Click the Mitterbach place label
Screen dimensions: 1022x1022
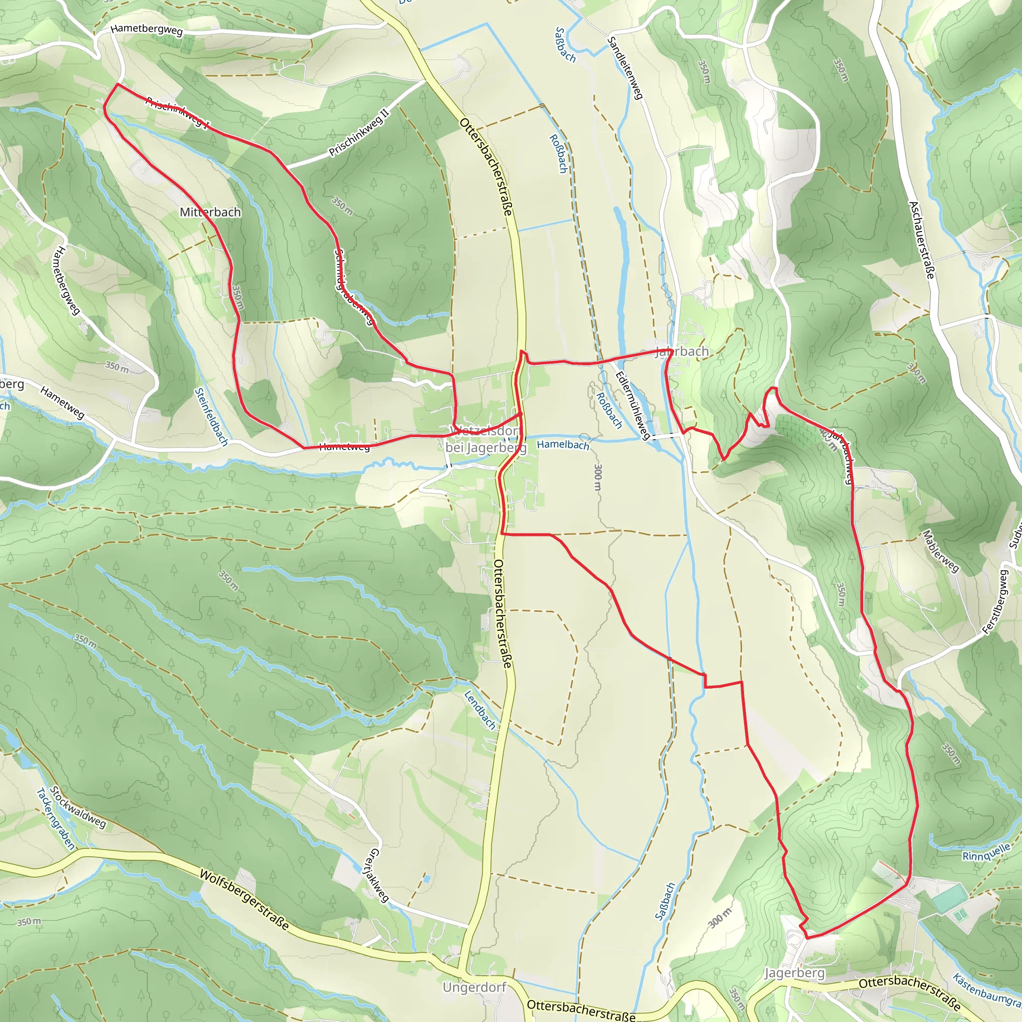(210, 212)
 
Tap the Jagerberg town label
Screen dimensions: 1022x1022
(794, 973)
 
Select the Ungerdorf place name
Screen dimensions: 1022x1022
(475, 988)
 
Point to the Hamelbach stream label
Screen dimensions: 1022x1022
(563, 445)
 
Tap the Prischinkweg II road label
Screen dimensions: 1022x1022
(359, 133)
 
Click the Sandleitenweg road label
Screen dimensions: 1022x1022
(625, 68)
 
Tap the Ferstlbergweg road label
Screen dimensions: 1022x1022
(996, 601)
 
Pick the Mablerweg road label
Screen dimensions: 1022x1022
(941, 551)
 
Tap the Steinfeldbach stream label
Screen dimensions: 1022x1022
(211, 417)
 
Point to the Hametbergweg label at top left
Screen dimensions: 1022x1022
(147, 30)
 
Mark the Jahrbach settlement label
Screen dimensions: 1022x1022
(682, 352)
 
